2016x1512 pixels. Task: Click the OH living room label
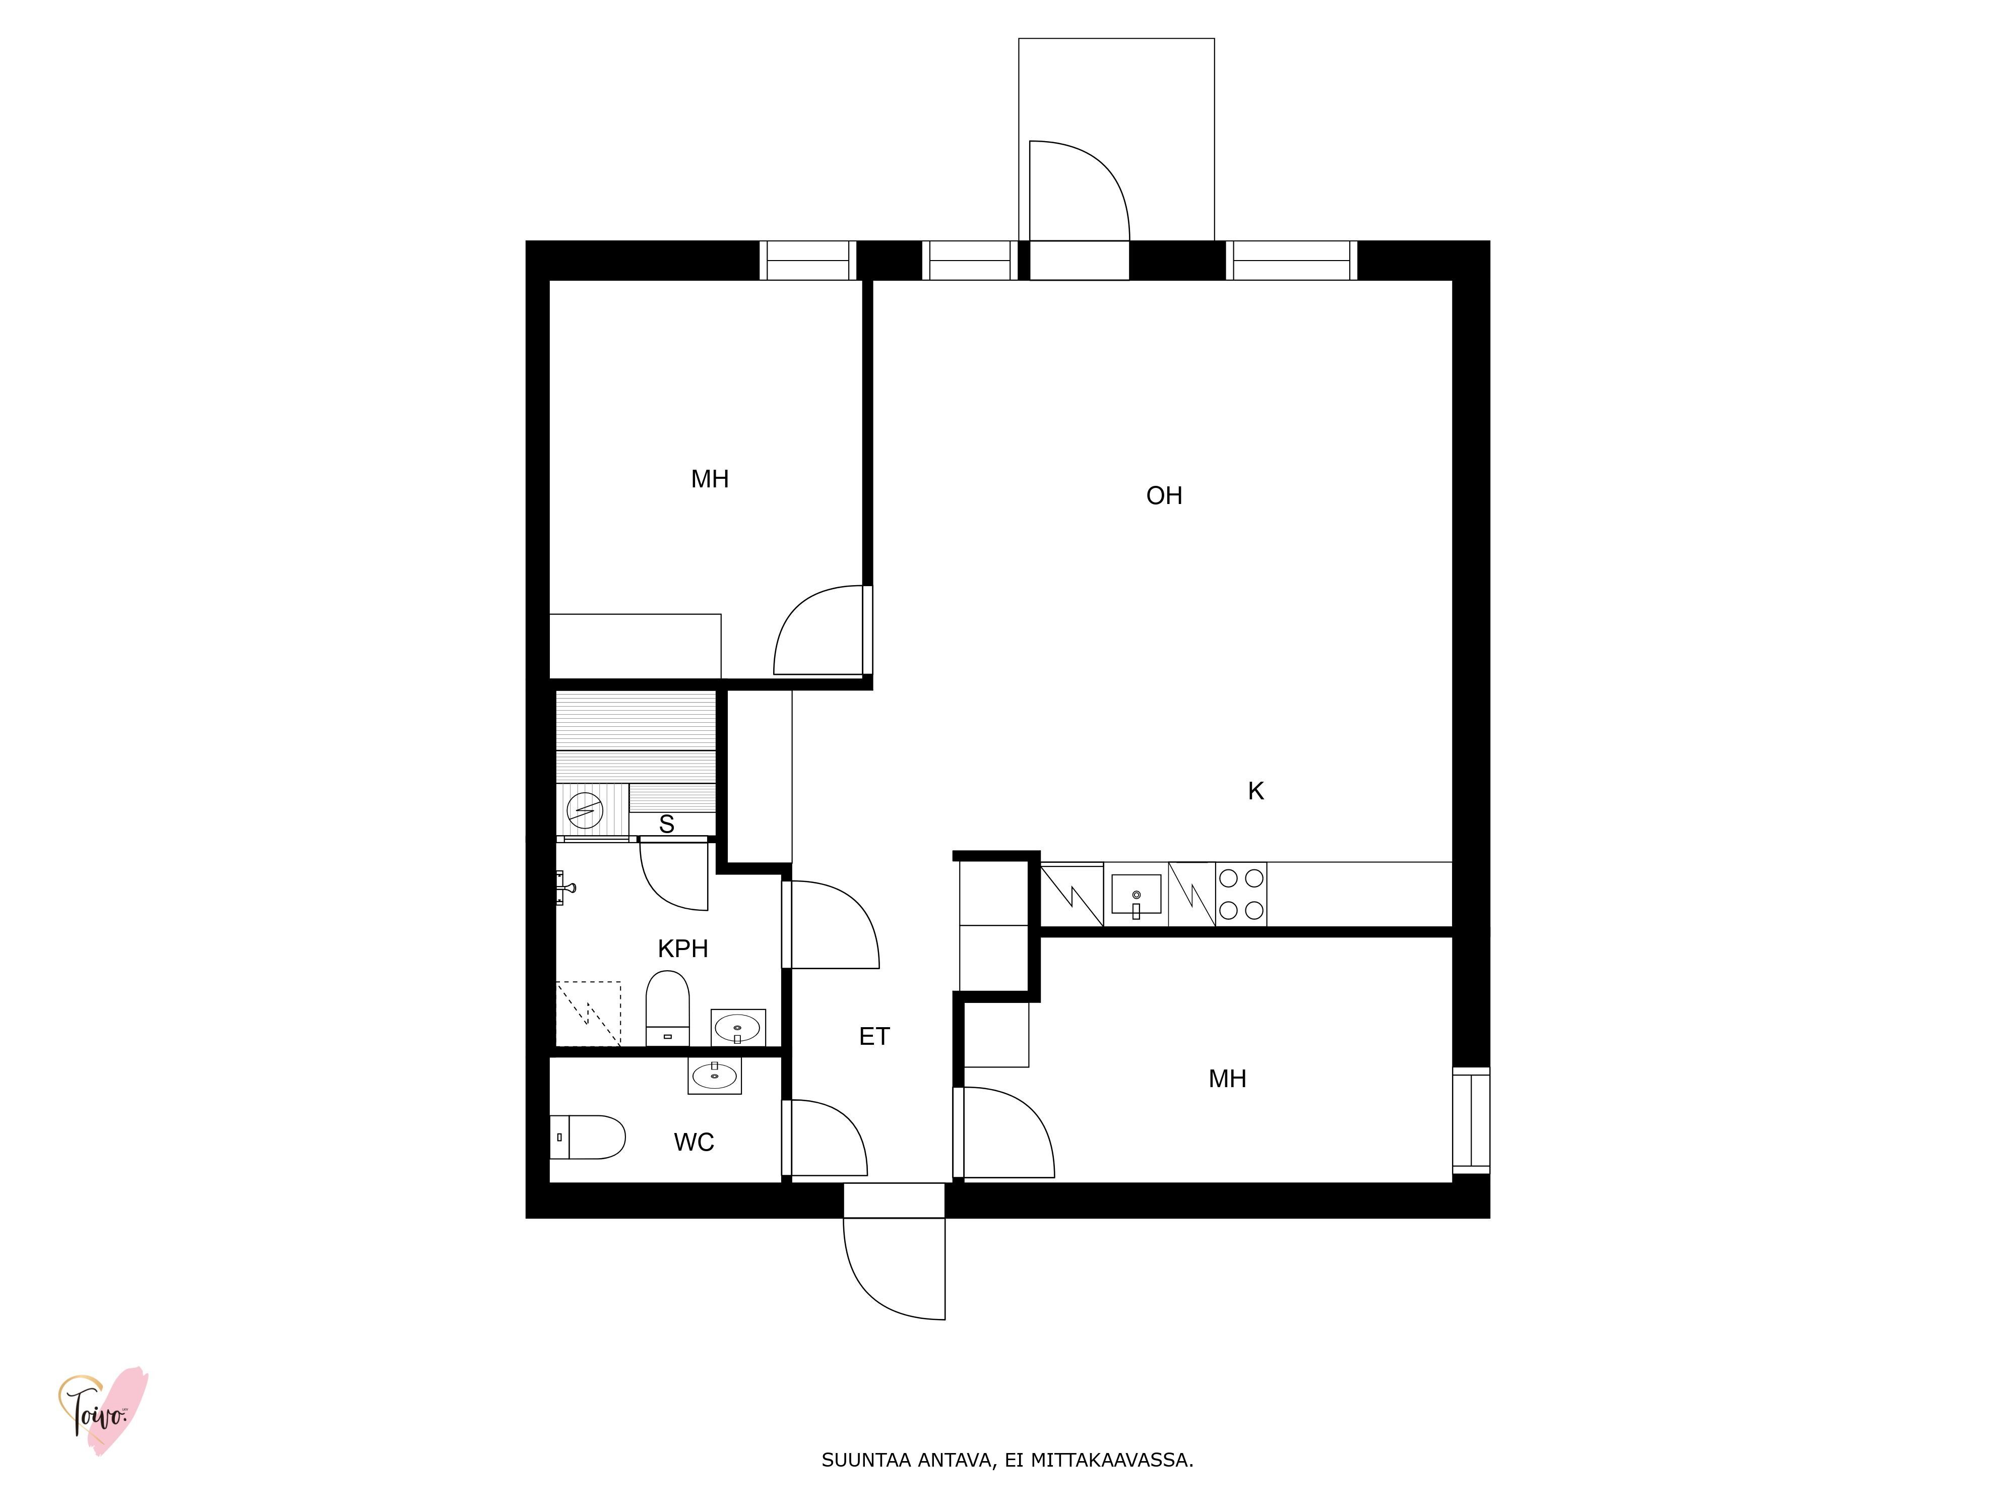1164,496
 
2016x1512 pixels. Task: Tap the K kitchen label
1256,791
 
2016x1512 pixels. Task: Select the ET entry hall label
874,1036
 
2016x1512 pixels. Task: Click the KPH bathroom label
682,949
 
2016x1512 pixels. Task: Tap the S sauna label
666,824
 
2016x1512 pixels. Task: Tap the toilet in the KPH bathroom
667,1008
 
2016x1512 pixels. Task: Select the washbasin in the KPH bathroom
738,1028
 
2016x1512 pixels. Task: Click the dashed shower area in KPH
589,1014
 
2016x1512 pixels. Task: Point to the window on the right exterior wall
1471,1120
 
